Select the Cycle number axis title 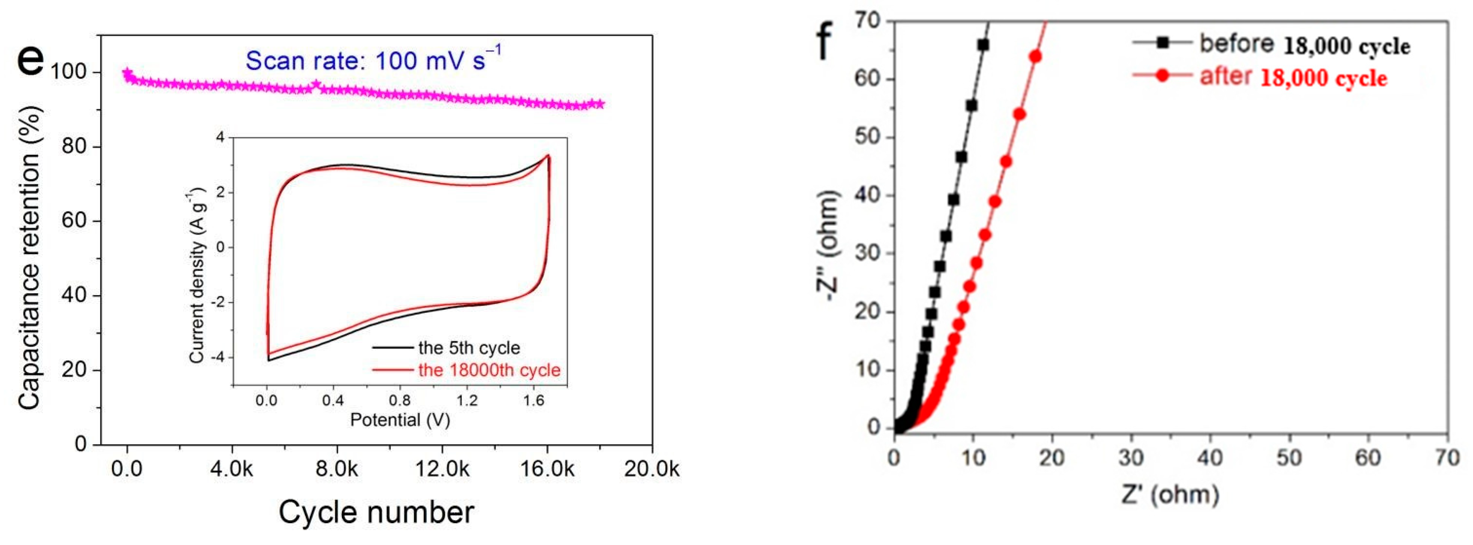[376, 512]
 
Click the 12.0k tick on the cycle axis [442, 469]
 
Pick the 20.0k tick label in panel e [651, 469]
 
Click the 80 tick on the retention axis [75, 147]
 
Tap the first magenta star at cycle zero [127, 73]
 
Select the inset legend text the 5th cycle [469, 348]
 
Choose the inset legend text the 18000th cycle [489, 370]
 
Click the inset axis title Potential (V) [400, 420]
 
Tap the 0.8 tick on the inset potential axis [400, 400]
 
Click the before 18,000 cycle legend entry [1304, 45]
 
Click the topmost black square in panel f [983, 45]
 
